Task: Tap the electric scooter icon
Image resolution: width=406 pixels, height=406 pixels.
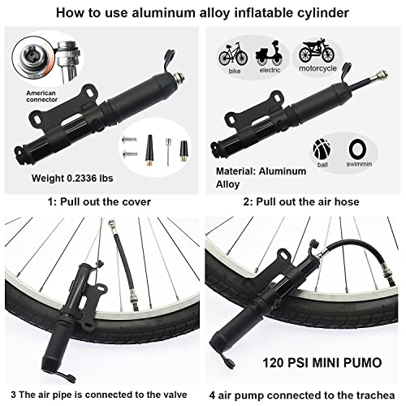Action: click(270, 53)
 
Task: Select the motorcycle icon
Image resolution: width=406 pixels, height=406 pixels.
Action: click(317, 51)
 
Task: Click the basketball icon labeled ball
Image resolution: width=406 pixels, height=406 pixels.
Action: click(322, 149)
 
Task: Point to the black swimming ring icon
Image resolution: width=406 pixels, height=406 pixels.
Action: click(357, 149)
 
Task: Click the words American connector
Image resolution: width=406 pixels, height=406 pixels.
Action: click(41, 97)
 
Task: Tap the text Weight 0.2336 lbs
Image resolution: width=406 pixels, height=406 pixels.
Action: click(72, 178)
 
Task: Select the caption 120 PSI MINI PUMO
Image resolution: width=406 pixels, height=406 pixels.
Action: click(322, 363)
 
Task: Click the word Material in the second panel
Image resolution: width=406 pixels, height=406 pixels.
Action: click(235, 171)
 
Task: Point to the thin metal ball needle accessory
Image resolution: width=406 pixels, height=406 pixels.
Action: click(168, 152)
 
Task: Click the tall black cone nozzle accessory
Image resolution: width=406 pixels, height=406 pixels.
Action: click(149, 150)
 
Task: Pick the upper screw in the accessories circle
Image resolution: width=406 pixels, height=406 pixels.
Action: click(129, 140)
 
